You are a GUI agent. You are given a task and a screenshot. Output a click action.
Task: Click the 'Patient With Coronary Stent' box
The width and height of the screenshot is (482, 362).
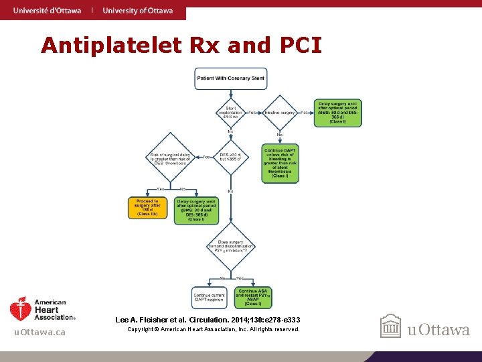(231, 78)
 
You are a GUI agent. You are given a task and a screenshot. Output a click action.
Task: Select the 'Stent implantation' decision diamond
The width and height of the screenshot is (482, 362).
(231, 112)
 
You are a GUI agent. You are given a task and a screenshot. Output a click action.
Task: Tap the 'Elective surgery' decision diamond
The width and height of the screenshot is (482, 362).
(280, 112)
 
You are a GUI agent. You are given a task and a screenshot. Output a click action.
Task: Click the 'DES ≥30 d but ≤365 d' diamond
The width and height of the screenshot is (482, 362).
(231, 158)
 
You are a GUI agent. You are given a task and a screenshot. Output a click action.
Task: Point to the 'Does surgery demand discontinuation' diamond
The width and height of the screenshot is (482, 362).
(231, 247)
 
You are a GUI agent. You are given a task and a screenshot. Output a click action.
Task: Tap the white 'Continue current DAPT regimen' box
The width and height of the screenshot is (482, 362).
(209, 297)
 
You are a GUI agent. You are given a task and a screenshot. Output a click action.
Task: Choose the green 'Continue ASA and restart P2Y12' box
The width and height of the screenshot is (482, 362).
(253, 297)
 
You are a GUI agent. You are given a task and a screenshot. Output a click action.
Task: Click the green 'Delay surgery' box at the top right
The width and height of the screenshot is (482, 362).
(337, 112)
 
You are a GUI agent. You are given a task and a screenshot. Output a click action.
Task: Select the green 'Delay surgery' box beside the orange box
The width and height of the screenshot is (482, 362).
(196, 210)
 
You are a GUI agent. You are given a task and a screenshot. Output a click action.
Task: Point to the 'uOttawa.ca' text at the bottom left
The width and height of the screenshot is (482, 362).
(40, 333)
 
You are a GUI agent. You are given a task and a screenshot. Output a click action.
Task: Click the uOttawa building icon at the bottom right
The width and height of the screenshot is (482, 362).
(390, 327)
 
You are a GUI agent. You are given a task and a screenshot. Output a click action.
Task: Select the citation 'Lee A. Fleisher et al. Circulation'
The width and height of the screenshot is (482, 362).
(208, 320)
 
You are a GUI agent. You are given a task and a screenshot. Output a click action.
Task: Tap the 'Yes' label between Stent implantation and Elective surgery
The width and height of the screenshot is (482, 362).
(252, 113)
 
